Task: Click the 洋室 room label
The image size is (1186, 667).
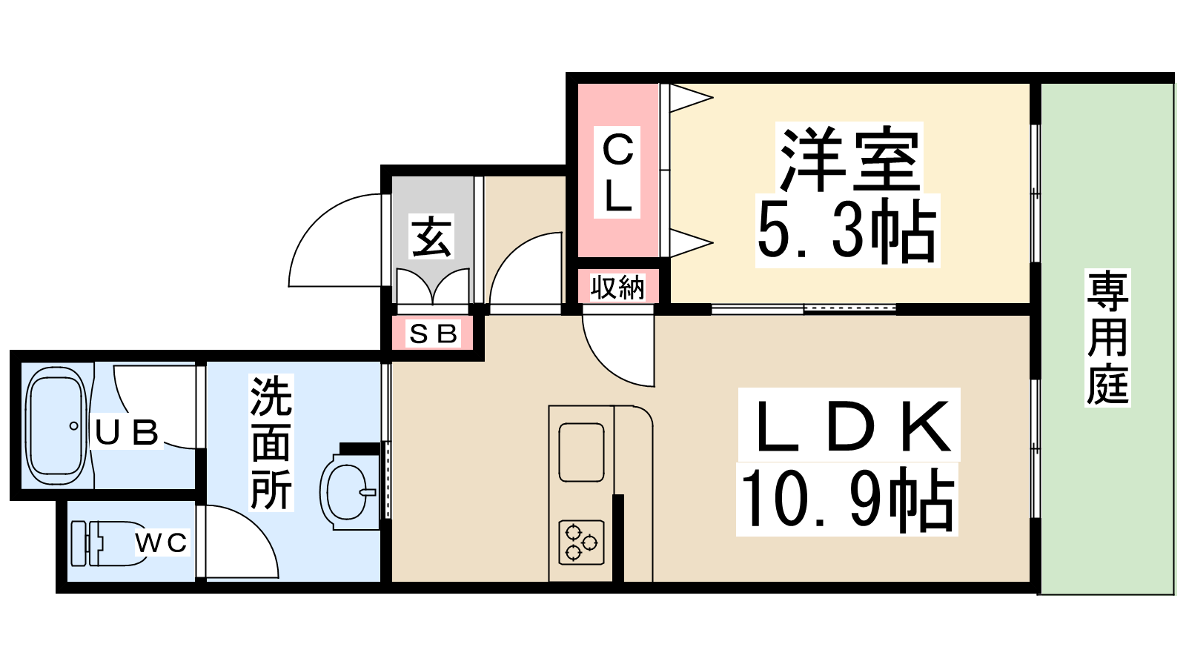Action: coord(849,159)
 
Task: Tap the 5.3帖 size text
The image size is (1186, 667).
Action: coord(847,232)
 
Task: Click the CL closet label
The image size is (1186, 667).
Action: coord(617,172)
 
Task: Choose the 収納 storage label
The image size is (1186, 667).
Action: coord(617,288)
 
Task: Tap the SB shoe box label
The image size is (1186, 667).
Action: coord(433,333)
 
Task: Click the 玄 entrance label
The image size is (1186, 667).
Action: coord(432,236)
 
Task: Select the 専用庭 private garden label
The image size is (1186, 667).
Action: coord(1107,337)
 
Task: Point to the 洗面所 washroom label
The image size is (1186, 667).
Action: coord(271,442)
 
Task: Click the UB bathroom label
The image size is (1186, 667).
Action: coord(126,432)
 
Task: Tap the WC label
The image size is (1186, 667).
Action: coord(161,542)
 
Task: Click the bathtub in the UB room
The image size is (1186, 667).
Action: coord(56,426)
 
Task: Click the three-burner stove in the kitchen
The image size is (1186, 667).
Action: coord(581,542)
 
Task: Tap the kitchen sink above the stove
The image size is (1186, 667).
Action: coord(581,452)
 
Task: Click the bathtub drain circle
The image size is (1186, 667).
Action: coord(73,425)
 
